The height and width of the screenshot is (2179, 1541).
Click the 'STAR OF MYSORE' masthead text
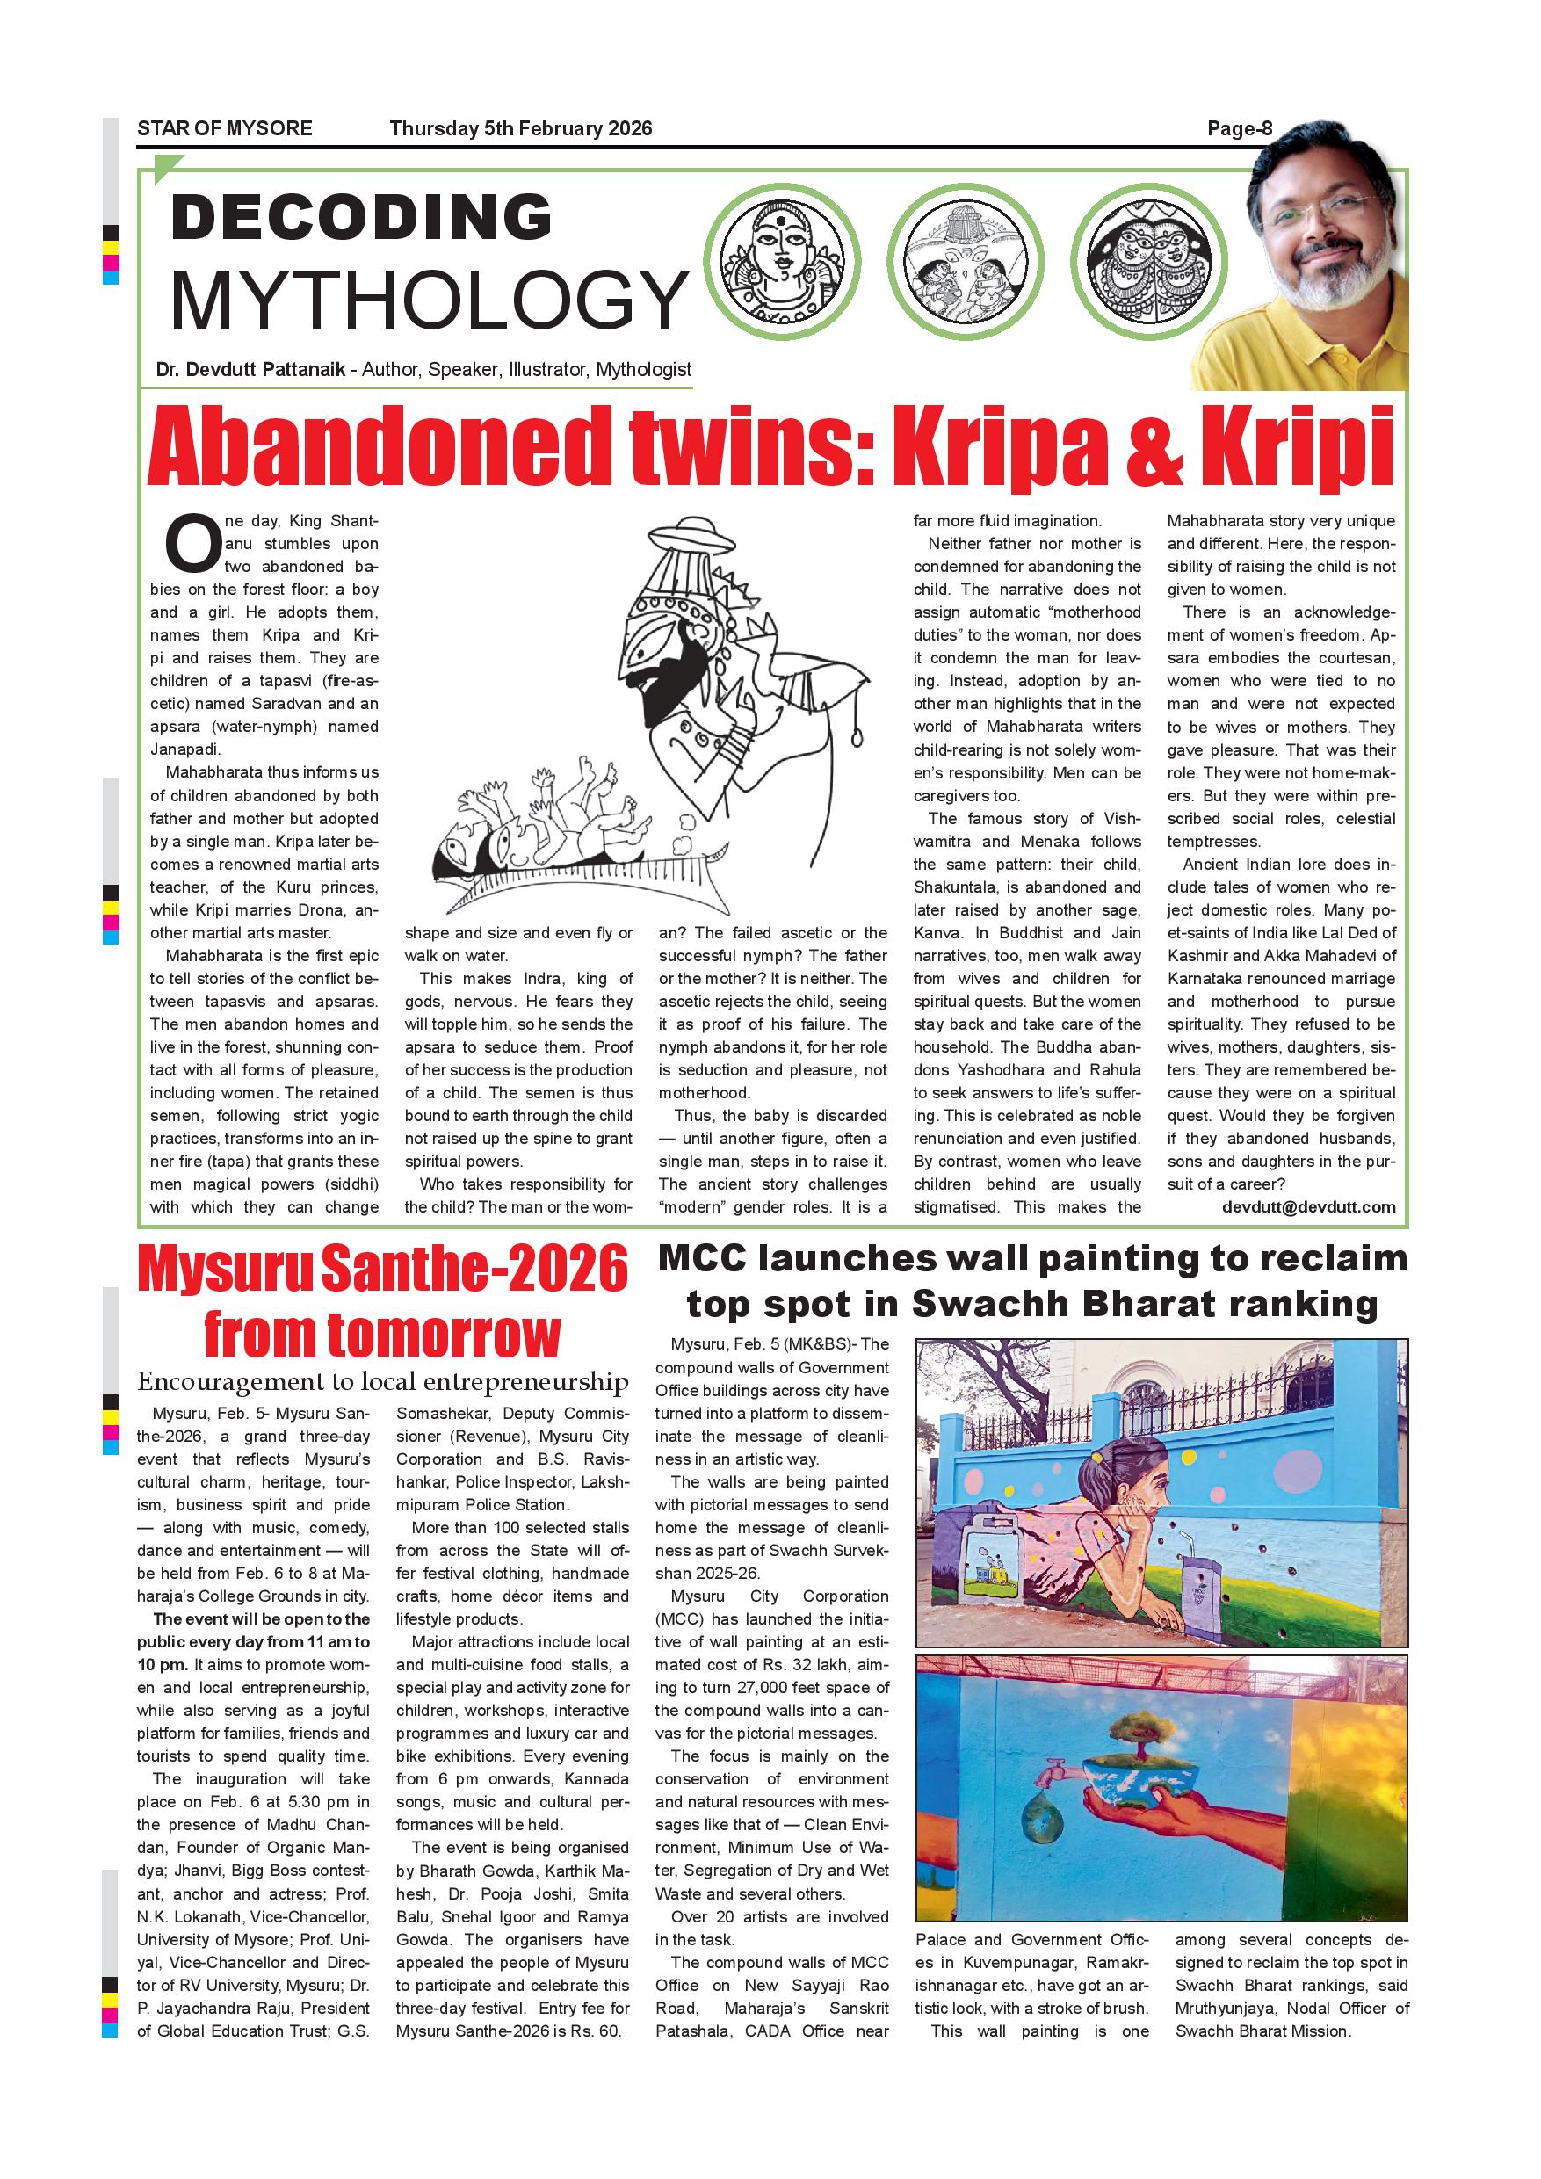tap(224, 128)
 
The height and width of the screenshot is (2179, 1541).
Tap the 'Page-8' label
tap(1238, 128)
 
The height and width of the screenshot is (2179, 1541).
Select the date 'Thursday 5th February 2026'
tap(520, 128)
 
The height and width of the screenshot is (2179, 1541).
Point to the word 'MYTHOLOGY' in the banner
tap(429, 299)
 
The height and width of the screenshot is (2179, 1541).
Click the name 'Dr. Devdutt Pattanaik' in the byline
tap(250, 369)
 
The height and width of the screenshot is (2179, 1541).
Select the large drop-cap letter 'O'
tap(192, 544)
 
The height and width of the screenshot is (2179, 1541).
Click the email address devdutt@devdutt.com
tap(1308, 1206)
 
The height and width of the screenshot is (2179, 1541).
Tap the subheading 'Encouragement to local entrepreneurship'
tap(382, 1381)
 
